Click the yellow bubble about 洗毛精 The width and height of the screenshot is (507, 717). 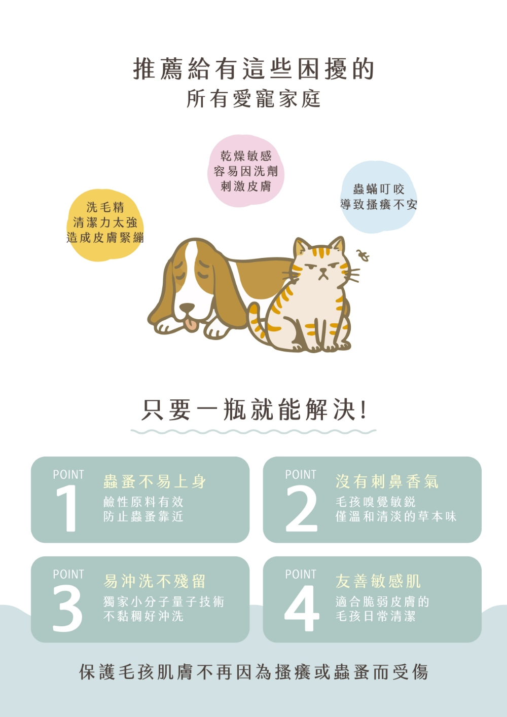(x=105, y=225)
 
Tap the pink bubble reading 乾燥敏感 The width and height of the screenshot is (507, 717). (x=246, y=171)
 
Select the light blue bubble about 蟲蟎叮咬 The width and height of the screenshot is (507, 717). (x=379, y=197)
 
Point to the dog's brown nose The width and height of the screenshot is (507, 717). (x=187, y=308)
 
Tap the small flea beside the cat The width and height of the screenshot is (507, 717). (x=363, y=255)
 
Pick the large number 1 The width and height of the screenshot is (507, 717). (x=67, y=508)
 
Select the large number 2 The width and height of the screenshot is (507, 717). (x=301, y=508)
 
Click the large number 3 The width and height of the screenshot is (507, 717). (x=67, y=608)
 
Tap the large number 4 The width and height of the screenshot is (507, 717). (x=302, y=608)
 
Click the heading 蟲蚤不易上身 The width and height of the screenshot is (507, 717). (x=154, y=481)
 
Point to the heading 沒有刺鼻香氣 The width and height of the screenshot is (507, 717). (x=387, y=481)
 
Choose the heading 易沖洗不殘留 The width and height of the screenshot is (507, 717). (x=154, y=581)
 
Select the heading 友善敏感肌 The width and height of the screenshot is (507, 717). (x=378, y=581)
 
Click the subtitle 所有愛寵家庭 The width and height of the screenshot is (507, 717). (x=253, y=99)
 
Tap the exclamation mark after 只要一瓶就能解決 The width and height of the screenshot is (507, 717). (x=363, y=410)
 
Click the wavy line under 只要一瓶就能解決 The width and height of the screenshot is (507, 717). (x=253, y=432)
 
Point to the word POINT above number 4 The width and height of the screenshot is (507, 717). (x=301, y=574)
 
